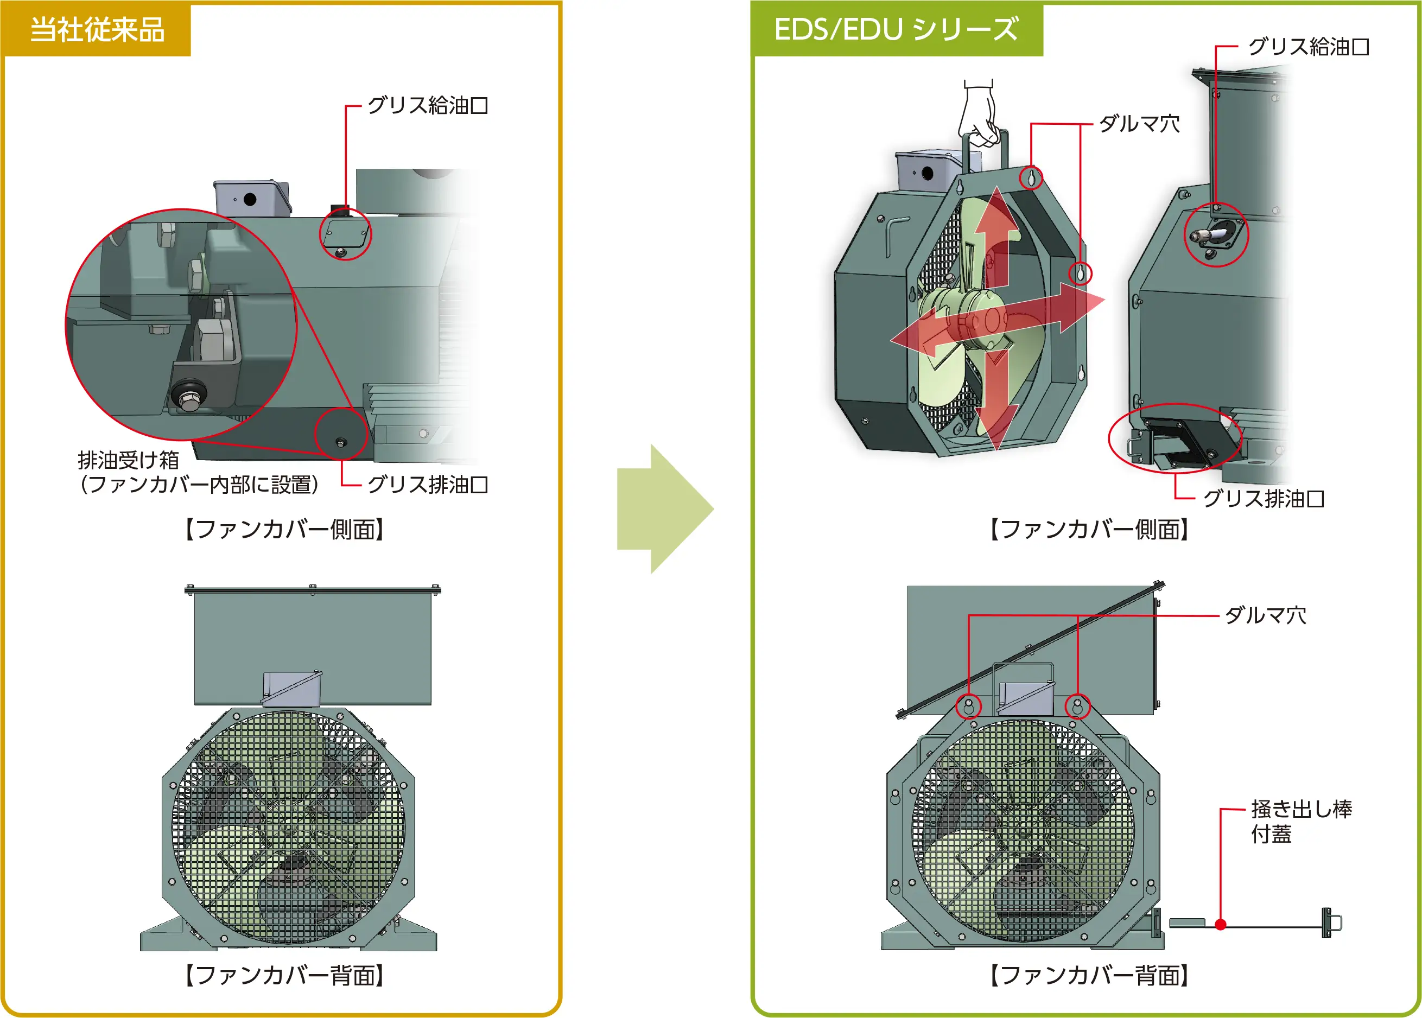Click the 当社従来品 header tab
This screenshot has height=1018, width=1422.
(x=97, y=29)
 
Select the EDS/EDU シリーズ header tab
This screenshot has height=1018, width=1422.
(x=896, y=29)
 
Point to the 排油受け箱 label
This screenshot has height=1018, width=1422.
(x=129, y=460)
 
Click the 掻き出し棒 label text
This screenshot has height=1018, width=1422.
(x=1301, y=809)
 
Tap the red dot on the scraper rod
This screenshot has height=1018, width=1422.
(x=1220, y=924)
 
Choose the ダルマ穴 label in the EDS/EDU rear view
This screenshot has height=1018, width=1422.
(x=1265, y=615)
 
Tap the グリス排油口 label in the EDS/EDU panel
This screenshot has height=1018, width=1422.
(x=1264, y=498)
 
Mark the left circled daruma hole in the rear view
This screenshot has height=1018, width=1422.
(x=968, y=706)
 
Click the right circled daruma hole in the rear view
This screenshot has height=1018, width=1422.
(x=1078, y=706)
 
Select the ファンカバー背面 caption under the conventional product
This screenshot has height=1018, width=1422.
(x=284, y=975)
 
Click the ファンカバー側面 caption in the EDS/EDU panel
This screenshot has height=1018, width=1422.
(x=1089, y=529)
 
